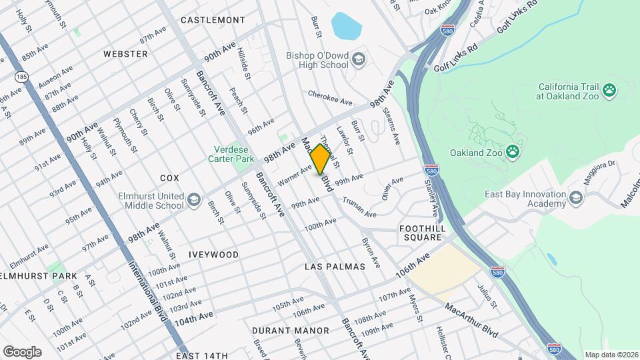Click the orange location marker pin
(320, 159)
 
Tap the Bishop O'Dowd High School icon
(359, 60)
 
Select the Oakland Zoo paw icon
(512, 152)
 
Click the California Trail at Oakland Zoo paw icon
(609, 90)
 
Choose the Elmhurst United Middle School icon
(193, 201)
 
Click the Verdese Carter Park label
(234, 155)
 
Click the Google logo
(22, 351)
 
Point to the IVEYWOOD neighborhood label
(213, 255)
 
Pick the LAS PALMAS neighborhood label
(335, 266)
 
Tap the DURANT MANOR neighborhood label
(290, 331)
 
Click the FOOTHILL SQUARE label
(421, 233)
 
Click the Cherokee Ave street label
(330, 98)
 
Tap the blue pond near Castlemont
(347, 26)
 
